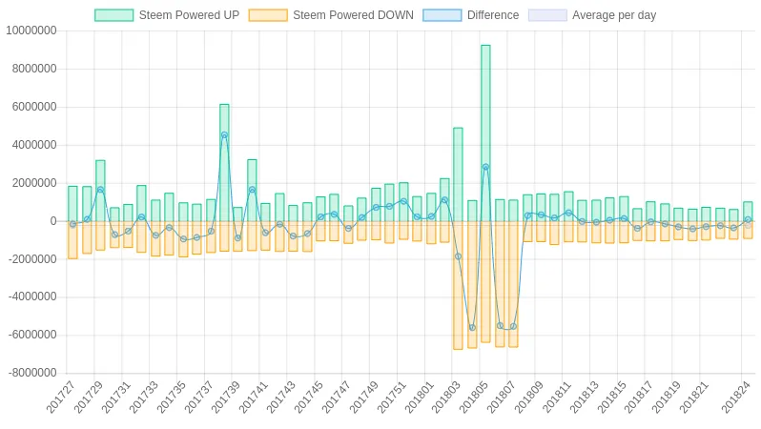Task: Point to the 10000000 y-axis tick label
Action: (x=31, y=31)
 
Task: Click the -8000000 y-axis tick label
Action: (x=31, y=373)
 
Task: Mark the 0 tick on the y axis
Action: (x=53, y=221)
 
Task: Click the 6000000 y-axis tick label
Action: (x=32, y=107)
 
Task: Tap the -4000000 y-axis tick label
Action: (x=31, y=296)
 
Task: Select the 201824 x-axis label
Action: (x=736, y=398)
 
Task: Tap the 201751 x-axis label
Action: (x=392, y=398)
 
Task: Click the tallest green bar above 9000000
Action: (x=485, y=133)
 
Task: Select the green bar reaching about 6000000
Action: (x=224, y=162)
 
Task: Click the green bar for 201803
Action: (x=458, y=174)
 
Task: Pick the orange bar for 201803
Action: (x=458, y=285)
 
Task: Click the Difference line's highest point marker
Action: (x=224, y=135)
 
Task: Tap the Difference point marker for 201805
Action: (x=485, y=167)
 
